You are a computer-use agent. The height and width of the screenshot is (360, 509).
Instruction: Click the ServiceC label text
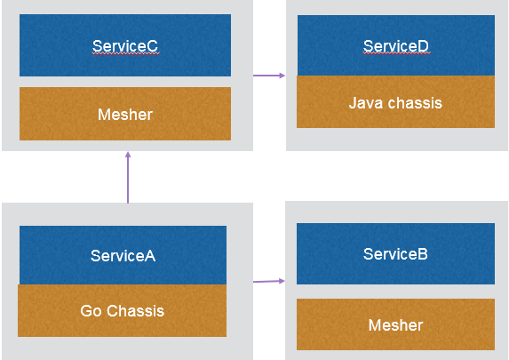pos(125,46)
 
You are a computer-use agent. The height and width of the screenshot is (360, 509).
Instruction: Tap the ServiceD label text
pos(395,46)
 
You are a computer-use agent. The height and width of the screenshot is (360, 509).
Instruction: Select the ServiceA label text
pos(123,256)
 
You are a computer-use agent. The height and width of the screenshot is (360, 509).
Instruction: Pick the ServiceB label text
pos(395,253)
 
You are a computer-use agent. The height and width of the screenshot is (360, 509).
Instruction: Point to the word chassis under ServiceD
pos(415,103)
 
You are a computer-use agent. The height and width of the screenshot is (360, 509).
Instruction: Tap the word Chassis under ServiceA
pos(136,311)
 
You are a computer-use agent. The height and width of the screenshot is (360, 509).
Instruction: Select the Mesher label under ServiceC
pos(125,115)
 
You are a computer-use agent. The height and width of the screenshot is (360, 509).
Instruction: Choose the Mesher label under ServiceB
pos(395,325)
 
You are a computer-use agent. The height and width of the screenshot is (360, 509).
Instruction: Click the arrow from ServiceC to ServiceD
pos(269,76)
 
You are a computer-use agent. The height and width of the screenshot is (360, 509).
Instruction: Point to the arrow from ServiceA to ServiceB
pos(269,281)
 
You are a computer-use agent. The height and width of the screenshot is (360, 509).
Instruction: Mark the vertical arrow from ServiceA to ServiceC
pos(128,178)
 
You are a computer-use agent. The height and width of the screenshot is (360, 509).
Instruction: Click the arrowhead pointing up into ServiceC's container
pos(128,155)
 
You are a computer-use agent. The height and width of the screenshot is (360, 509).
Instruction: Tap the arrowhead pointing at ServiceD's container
pos(282,76)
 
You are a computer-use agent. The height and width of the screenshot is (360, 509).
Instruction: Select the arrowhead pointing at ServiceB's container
pos(282,281)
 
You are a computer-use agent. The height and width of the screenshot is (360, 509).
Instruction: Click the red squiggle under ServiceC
pos(125,54)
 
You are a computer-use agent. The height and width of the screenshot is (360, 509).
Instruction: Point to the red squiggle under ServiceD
pos(397,54)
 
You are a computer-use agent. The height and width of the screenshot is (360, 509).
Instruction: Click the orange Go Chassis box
pos(122,310)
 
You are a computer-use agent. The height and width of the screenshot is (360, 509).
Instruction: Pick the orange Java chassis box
pos(395,101)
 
